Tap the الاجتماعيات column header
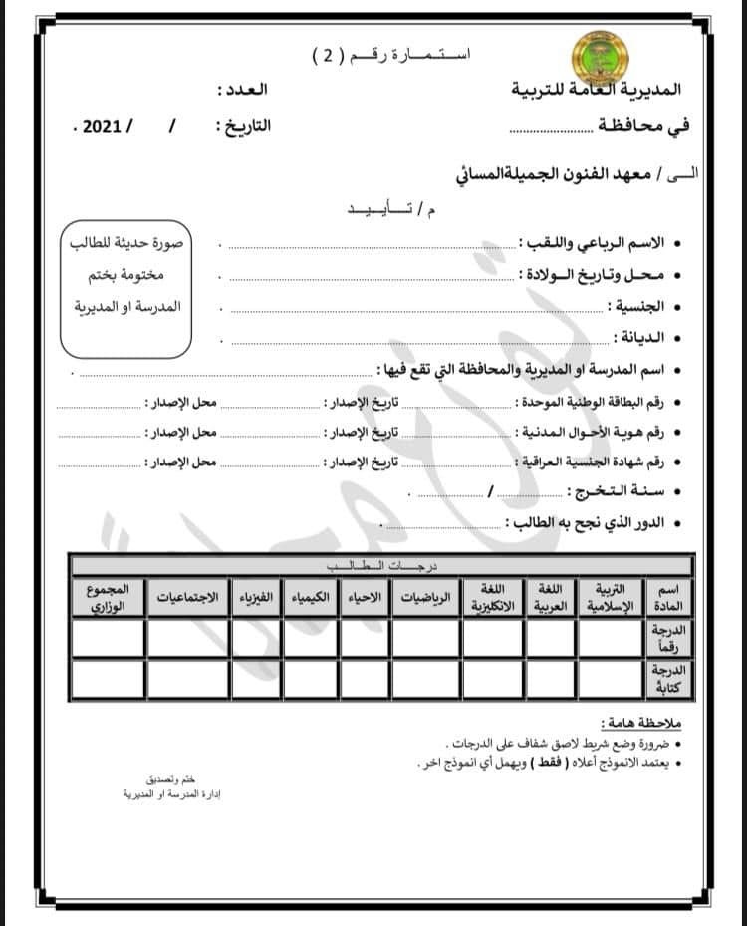coord(191,600)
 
